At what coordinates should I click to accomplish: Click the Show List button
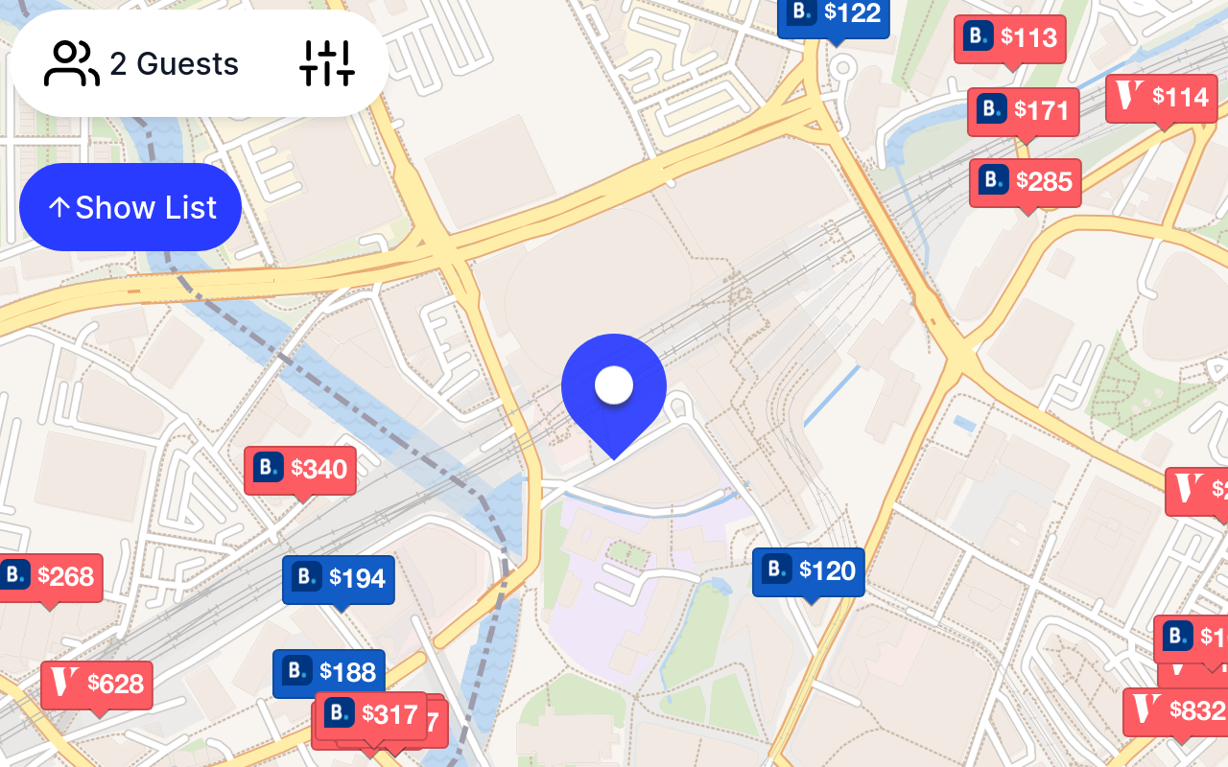pos(130,207)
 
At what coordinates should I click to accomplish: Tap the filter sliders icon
pos(327,63)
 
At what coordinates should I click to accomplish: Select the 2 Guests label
pos(174,64)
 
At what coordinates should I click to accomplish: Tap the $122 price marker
pos(833,14)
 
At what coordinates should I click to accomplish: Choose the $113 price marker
pos(1009,38)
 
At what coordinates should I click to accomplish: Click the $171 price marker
pos(1023,111)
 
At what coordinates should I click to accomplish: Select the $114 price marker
pos(1161,98)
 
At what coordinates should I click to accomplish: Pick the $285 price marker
pos(1025,181)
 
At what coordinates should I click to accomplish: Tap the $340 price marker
pos(299,470)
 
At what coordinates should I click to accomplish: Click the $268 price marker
pos(49,577)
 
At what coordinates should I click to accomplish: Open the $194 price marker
pos(338,578)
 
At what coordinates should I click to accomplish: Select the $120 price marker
pos(808,571)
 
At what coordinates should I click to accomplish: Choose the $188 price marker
pos(328,672)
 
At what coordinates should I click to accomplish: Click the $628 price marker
pos(96,685)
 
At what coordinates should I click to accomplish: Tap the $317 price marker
pos(370,714)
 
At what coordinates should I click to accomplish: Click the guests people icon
pos(72,64)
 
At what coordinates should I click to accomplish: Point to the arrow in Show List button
pos(59,208)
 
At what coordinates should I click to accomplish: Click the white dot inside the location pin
pos(614,385)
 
